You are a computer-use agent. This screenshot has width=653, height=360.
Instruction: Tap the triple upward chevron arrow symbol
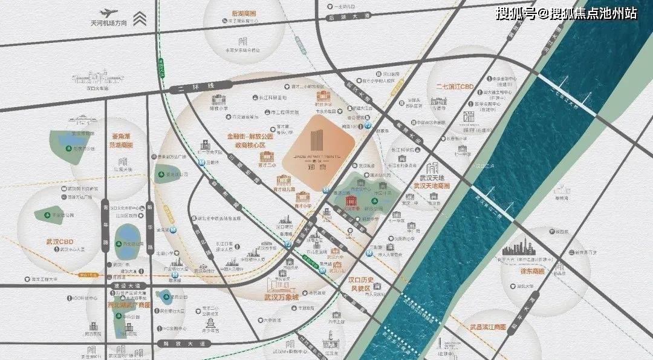tap(140, 18)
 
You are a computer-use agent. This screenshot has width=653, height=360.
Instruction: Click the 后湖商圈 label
tap(244, 13)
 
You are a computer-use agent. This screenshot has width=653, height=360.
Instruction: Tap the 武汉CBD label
tap(59, 242)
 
